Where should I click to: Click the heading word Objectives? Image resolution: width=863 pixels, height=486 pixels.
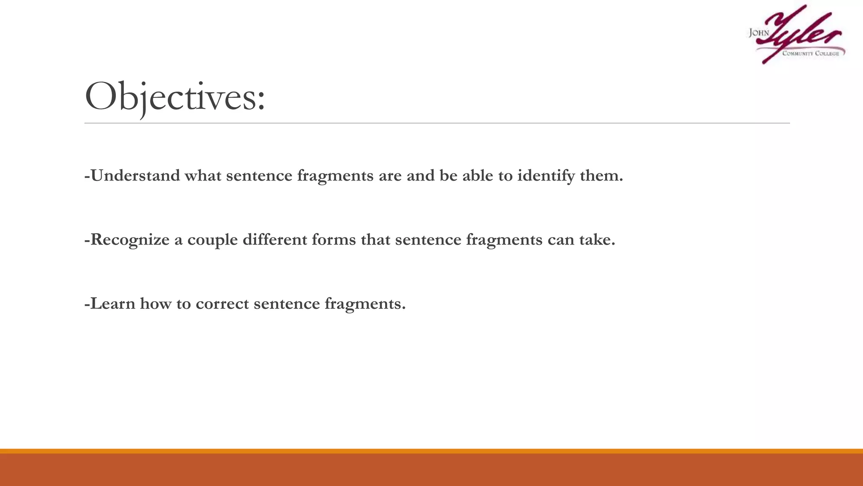pyautogui.click(x=175, y=97)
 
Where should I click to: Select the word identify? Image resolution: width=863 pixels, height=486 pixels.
pyautogui.click(x=546, y=175)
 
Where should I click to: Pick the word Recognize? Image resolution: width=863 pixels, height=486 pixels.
pyautogui.click(x=130, y=240)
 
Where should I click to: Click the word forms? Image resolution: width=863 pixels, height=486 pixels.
pyautogui.click(x=334, y=240)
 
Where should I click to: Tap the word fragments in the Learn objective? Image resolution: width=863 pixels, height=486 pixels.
pyautogui.click(x=365, y=304)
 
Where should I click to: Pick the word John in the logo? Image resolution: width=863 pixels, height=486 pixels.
pyautogui.click(x=758, y=33)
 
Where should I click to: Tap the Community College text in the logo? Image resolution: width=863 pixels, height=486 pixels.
pyautogui.click(x=810, y=54)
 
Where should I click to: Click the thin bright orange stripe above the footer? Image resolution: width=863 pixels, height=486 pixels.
pyautogui.click(x=431, y=451)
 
